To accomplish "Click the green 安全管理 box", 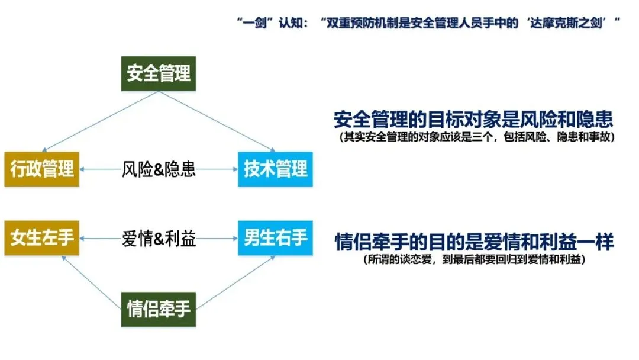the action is [x=159, y=73].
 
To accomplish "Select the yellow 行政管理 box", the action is [x=41, y=169].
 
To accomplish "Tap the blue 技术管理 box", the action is [x=275, y=169].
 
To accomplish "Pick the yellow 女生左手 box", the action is [x=41, y=239].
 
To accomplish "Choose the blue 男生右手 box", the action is [x=275, y=239].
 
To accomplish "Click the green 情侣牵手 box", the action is [x=159, y=308].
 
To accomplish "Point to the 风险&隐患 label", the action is [x=159, y=170].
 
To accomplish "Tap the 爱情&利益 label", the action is [x=159, y=239].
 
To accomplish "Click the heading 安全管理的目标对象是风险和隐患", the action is [x=473, y=120].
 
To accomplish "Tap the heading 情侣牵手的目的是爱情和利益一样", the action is [x=473, y=242].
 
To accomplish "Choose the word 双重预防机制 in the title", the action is [x=361, y=24].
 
